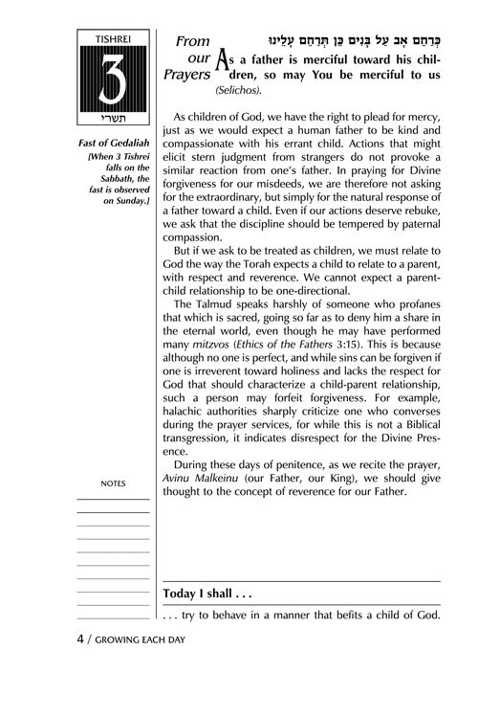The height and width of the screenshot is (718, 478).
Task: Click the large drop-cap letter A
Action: (224, 63)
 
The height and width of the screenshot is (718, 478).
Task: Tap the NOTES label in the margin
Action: (112, 484)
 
